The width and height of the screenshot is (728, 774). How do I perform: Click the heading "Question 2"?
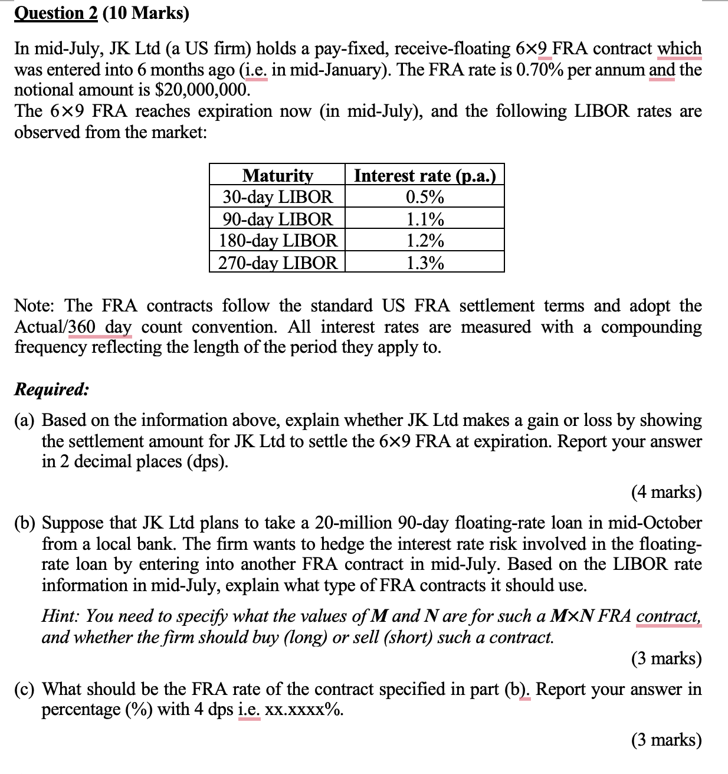[55, 12]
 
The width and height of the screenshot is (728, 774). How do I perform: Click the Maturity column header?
[277, 175]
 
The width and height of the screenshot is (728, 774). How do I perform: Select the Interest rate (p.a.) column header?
[425, 175]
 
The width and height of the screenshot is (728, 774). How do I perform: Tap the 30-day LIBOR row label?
[277, 196]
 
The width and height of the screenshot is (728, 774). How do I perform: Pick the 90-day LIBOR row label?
[277, 219]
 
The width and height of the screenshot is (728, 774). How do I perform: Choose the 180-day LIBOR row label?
[278, 241]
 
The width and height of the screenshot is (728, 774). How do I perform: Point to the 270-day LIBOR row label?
[278, 263]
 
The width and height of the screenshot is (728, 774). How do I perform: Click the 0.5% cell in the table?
[425, 196]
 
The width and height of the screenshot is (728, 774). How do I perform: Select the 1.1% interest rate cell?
[425, 219]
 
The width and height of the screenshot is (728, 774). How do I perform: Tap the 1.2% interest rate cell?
[425, 241]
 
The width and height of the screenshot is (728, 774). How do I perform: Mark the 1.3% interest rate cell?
[425, 263]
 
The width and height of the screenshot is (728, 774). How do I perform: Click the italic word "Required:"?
[52, 389]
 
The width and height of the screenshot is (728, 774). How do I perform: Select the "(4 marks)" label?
[666, 491]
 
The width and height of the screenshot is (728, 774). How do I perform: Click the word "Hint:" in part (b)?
[61, 616]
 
